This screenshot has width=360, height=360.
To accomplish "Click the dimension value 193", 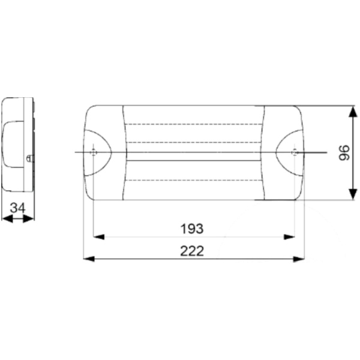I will [192, 229].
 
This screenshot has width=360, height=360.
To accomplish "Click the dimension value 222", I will [192, 251].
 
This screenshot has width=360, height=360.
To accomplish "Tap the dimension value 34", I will [19, 208].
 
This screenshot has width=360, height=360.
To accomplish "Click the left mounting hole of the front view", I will [93, 152].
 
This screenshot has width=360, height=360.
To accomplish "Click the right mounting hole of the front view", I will [294, 152].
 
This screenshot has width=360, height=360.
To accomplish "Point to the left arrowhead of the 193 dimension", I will [98, 237].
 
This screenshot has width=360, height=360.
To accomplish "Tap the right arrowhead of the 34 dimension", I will [30, 219].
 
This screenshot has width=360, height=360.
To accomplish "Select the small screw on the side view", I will [31, 158].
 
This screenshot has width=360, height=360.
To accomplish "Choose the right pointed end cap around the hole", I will [290, 152].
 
